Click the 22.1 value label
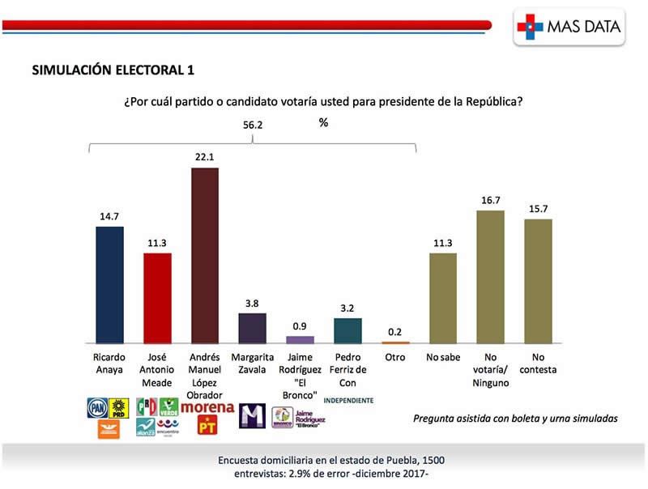point(205,157)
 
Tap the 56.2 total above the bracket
point(254,125)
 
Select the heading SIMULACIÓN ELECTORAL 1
point(113,70)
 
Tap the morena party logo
point(207,407)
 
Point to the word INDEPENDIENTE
point(348,400)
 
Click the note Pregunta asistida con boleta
point(515,419)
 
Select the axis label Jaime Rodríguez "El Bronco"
point(300,370)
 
